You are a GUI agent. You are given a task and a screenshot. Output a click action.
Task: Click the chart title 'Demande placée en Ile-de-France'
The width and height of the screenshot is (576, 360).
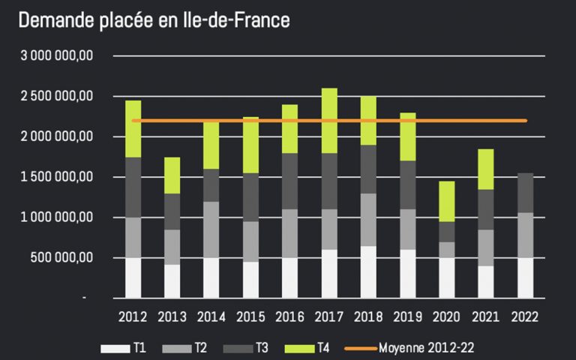(154, 20)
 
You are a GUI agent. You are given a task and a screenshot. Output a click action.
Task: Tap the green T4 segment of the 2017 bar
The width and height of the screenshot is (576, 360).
(329, 120)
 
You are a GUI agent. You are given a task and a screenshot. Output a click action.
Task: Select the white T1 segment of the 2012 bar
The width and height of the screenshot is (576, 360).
(133, 277)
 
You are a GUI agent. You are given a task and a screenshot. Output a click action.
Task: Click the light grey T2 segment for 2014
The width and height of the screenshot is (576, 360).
(211, 229)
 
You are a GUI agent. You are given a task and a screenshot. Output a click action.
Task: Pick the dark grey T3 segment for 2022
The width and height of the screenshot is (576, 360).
(525, 193)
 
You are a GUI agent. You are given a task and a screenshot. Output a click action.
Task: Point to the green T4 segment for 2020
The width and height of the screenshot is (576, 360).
(447, 201)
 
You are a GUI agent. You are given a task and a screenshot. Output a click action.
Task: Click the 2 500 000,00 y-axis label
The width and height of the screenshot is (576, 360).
(57, 96)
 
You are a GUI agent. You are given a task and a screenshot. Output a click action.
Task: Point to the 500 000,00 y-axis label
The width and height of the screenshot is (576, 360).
(64, 258)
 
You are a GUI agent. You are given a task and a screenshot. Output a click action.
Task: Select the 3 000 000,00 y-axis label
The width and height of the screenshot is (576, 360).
(57, 55)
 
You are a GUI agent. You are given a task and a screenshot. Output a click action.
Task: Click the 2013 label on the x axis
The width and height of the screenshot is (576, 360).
(172, 316)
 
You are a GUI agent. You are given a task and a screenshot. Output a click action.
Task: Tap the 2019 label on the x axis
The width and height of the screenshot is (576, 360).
(407, 316)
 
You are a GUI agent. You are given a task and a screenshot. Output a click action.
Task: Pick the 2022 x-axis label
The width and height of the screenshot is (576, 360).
(525, 316)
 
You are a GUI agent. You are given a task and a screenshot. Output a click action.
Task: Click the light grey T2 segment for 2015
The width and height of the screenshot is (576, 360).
(251, 241)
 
